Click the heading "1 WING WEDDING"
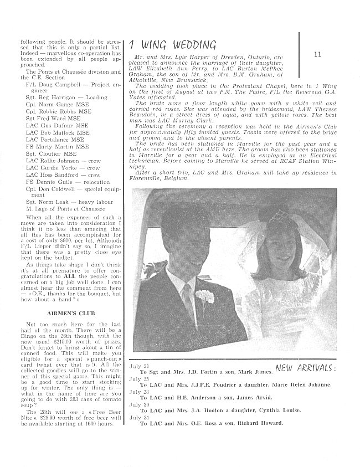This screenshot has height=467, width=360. [163, 45]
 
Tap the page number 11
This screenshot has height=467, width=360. [317, 54]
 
